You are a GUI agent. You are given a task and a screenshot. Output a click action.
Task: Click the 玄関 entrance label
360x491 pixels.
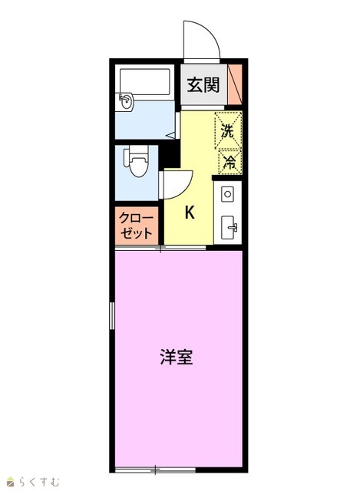click(x=203, y=84)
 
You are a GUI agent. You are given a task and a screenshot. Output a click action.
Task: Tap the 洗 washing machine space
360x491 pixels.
click(x=228, y=130)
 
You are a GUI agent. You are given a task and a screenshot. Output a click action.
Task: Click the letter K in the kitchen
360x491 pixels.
click(x=190, y=213)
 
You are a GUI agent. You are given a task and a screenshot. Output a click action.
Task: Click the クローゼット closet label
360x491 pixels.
click(x=137, y=226)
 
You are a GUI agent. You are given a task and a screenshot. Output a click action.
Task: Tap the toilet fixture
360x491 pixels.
click(x=137, y=160)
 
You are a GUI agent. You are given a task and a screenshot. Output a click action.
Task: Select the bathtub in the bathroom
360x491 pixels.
click(x=145, y=82)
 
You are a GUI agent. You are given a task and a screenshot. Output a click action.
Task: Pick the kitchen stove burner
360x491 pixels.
click(x=227, y=194)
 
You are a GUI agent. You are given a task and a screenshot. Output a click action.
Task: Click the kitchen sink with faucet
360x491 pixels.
click(x=229, y=227)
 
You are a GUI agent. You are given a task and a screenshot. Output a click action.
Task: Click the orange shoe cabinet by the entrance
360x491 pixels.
click(x=235, y=84)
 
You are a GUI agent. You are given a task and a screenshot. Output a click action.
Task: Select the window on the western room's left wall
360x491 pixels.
click(x=112, y=315)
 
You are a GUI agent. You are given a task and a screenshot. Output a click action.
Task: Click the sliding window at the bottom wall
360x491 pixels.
click(x=155, y=470)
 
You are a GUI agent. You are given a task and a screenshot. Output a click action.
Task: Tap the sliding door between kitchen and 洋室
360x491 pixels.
click(x=160, y=249)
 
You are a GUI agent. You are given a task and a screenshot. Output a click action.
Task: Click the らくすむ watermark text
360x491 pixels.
click(x=39, y=482)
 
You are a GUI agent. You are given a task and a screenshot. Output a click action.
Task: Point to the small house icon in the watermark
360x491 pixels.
click(x=12, y=482)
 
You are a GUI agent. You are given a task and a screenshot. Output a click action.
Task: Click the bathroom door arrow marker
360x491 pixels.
click(x=172, y=135)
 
